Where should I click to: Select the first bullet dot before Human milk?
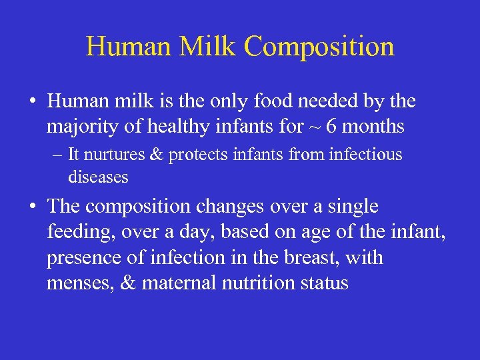tap(33, 102)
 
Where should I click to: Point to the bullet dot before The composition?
tap(33, 207)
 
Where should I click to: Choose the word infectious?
tap(366, 155)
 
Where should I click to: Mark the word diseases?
tap(97, 177)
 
